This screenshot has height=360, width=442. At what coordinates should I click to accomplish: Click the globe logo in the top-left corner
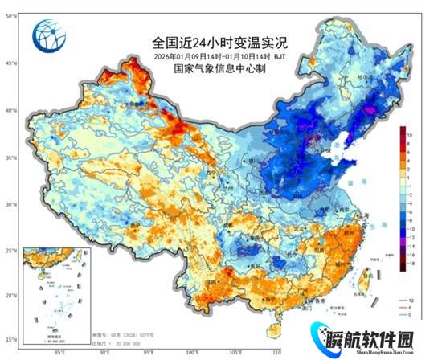[x=46, y=35]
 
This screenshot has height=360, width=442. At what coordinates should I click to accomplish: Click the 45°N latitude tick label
[x=10, y=63]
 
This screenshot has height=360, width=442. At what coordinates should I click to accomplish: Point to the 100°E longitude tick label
[x=192, y=352]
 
